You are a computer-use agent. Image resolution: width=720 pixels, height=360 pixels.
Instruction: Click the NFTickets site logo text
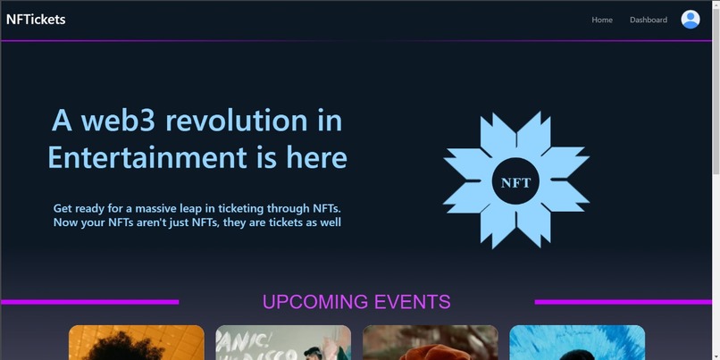(36, 19)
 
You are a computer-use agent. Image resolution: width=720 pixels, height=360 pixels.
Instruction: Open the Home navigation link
(602, 20)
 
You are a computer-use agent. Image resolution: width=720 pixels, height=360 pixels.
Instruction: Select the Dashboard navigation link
(648, 20)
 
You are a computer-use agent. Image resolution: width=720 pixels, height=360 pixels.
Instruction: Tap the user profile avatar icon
(691, 20)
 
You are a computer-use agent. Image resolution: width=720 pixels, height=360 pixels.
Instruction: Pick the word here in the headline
(316, 157)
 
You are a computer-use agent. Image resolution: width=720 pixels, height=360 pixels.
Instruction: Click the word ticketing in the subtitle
(255, 208)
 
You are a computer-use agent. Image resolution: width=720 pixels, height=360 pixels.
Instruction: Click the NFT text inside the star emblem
(515, 182)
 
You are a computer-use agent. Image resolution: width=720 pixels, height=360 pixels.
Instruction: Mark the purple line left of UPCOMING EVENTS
(89, 302)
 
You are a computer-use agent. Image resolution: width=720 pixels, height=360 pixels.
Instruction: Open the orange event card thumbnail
(137, 343)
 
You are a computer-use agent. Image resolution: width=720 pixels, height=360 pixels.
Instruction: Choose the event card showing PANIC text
(283, 343)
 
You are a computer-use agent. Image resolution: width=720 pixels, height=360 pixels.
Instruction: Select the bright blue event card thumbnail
(577, 343)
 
